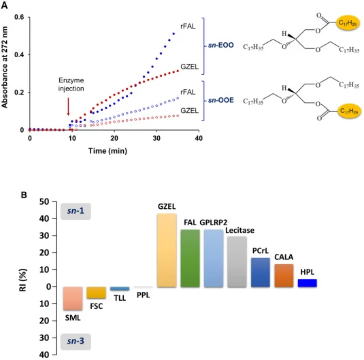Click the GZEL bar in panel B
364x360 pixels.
[167, 250]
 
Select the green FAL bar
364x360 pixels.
[190, 259]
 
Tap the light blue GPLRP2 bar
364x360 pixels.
[214, 259]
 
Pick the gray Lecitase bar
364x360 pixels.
[237, 262]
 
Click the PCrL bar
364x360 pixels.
[261, 272]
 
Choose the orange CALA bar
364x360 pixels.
[284, 276]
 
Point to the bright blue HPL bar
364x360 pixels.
[308, 283]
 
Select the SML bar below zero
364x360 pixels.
[73, 299]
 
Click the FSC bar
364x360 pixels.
[97, 293]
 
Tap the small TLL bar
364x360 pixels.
[120, 289]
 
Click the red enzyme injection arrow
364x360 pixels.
[68, 107]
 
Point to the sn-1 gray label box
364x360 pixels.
[76, 212]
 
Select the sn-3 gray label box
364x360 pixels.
[76, 342]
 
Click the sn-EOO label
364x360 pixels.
[220, 45]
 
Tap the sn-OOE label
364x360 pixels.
[220, 100]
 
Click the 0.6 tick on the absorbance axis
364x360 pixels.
[29, 17]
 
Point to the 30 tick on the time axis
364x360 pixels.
[156, 131]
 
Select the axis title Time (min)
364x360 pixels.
[107, 151]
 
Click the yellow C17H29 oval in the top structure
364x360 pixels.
[348, 23]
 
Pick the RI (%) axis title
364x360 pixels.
[23, 280]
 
